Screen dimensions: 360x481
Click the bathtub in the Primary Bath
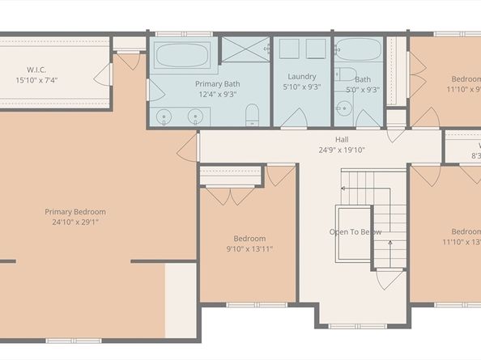(x=183, y=56)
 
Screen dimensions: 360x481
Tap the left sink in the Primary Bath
(x=165, y=116)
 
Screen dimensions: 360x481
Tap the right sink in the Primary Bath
(x=194, y=116)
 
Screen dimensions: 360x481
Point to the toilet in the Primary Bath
(x=253, y=113)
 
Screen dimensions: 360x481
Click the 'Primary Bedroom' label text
(x=74, y=212)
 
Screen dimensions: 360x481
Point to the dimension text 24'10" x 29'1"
(x=74, y=222)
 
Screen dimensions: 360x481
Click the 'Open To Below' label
(x=355, y=232)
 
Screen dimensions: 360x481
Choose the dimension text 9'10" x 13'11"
(x=249, y=248)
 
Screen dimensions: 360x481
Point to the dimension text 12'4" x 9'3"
(x=216, y=93)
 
